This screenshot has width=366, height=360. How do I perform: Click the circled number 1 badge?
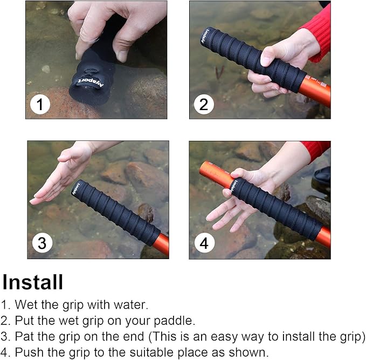[40, 104]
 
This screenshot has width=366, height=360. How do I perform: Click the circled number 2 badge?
[203, 104]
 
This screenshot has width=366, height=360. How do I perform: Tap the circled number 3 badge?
[42, 243]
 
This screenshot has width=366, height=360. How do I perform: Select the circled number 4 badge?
[204, 243]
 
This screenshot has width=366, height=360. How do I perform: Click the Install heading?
[33, 282]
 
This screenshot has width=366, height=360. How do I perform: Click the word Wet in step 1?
[25, 304]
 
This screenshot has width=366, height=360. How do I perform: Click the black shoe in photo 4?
[322, 178]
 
